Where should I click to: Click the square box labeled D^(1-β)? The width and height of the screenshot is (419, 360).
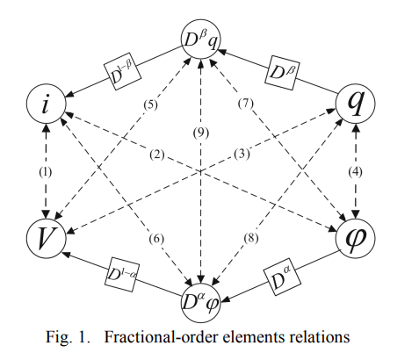click(123, 72)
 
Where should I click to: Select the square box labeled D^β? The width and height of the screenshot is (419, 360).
click(283, 72)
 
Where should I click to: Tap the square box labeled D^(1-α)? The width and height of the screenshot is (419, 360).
click(122, 275)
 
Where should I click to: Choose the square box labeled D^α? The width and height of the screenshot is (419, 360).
click(283, 277)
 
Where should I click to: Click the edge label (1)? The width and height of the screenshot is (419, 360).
click(46, 172)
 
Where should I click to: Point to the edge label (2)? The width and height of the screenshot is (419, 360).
click(157, 155)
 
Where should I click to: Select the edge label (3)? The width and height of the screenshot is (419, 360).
click(242, 154)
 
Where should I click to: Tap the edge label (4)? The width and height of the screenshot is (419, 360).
click(355, 171)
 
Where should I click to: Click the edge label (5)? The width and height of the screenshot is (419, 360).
click(151, 104)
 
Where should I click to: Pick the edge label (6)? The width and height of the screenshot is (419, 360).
click(156, 239)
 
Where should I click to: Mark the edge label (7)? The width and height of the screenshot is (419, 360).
click(245, 104)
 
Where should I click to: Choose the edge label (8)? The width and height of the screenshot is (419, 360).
click(251, 238)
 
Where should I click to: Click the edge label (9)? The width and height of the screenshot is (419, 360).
click(201, 133)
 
